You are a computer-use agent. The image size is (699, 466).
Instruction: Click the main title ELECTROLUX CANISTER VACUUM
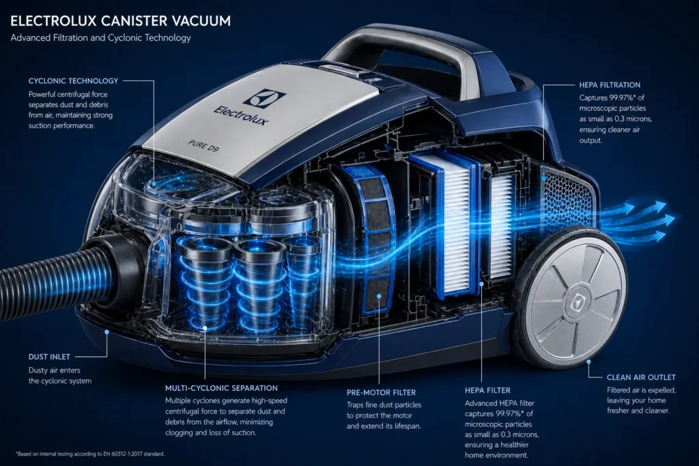(120, 20)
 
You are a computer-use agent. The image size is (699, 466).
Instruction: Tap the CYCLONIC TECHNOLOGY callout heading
(73, 81)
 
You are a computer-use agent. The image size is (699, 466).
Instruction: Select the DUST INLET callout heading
(50, 357)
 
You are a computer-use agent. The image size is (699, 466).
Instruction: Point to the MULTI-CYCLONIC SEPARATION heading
(222, 388)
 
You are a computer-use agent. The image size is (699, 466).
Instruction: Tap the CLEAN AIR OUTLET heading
(641, 377)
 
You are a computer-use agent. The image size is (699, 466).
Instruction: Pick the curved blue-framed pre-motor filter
(369, 235)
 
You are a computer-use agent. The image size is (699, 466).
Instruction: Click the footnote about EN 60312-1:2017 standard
(89, 454)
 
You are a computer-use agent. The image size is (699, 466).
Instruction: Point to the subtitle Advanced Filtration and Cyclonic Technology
(100, 38)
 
